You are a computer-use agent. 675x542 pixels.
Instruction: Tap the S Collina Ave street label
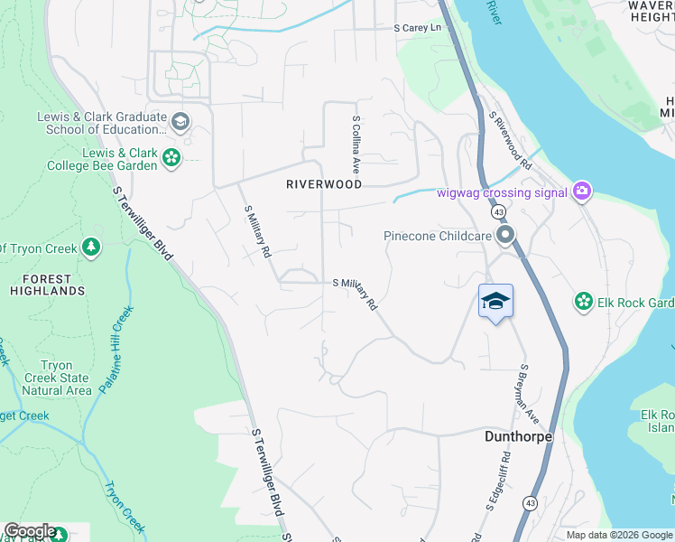(x=356, y=144)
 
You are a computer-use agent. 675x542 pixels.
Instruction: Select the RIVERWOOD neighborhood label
(x=324, y=184)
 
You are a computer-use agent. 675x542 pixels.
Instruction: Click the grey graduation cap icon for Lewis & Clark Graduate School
(x=180, y=122)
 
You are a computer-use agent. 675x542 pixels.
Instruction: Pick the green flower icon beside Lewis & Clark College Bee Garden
(x=171, y=159)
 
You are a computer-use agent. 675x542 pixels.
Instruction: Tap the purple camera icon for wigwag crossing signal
(x=582, y=191)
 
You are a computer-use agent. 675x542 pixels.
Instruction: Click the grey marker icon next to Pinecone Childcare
(x=505, y=237)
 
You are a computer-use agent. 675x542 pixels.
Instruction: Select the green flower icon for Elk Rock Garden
(x=584, y=302)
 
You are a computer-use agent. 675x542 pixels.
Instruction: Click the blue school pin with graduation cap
(x=495, y=302)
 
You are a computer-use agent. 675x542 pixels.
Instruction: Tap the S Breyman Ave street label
(x=522, y=392)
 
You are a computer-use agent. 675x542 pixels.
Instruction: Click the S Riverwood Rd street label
(x=510, y=143)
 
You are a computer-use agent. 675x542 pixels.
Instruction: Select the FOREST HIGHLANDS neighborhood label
(x=48, y=285)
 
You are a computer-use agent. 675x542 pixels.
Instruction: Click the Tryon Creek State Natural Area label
(x=56, y=378)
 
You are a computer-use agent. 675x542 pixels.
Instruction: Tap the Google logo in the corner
(x=29, y=532)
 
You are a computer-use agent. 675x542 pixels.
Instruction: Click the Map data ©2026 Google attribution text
(x=617, y=535)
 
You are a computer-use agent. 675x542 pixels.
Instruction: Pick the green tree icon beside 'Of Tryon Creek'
(x=90, y=248)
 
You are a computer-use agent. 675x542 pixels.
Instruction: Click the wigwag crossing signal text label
(x=502, y=192)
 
